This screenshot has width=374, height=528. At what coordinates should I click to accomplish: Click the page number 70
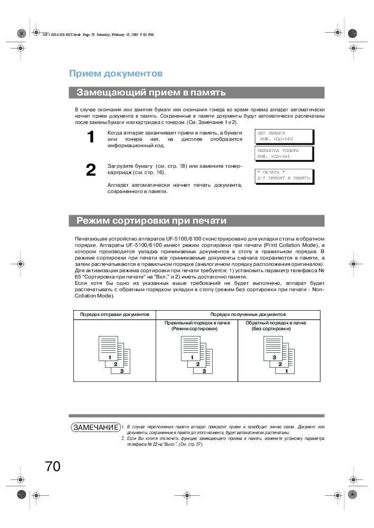coord(53,466)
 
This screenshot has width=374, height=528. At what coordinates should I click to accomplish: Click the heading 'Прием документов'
coord(116,73)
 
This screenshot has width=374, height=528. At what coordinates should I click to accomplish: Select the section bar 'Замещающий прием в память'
coord(196,92)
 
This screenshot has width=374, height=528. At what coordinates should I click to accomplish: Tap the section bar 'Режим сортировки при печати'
coord(196,220)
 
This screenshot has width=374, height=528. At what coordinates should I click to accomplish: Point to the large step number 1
coord(91,138)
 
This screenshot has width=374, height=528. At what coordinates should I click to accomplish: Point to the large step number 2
coord(91,170)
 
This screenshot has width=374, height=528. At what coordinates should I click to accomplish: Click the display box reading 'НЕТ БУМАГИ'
coord(284,136)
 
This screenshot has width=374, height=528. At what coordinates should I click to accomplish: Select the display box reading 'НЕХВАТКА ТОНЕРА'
coord(284,153)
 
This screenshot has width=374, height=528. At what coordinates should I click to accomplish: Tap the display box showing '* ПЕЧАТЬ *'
coord(284,176)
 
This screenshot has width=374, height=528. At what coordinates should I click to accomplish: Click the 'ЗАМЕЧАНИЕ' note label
coord(95,426)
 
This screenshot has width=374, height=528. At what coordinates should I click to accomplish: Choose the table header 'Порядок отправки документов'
coord(114,314)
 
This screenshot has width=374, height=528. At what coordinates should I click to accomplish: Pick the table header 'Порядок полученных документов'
coord(248,314)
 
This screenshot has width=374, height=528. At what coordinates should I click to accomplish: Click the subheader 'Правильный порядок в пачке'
coord(197,322)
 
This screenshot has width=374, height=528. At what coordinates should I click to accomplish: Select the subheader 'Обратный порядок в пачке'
coord(279,322)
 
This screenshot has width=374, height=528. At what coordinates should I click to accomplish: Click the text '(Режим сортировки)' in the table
coord(195,329)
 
